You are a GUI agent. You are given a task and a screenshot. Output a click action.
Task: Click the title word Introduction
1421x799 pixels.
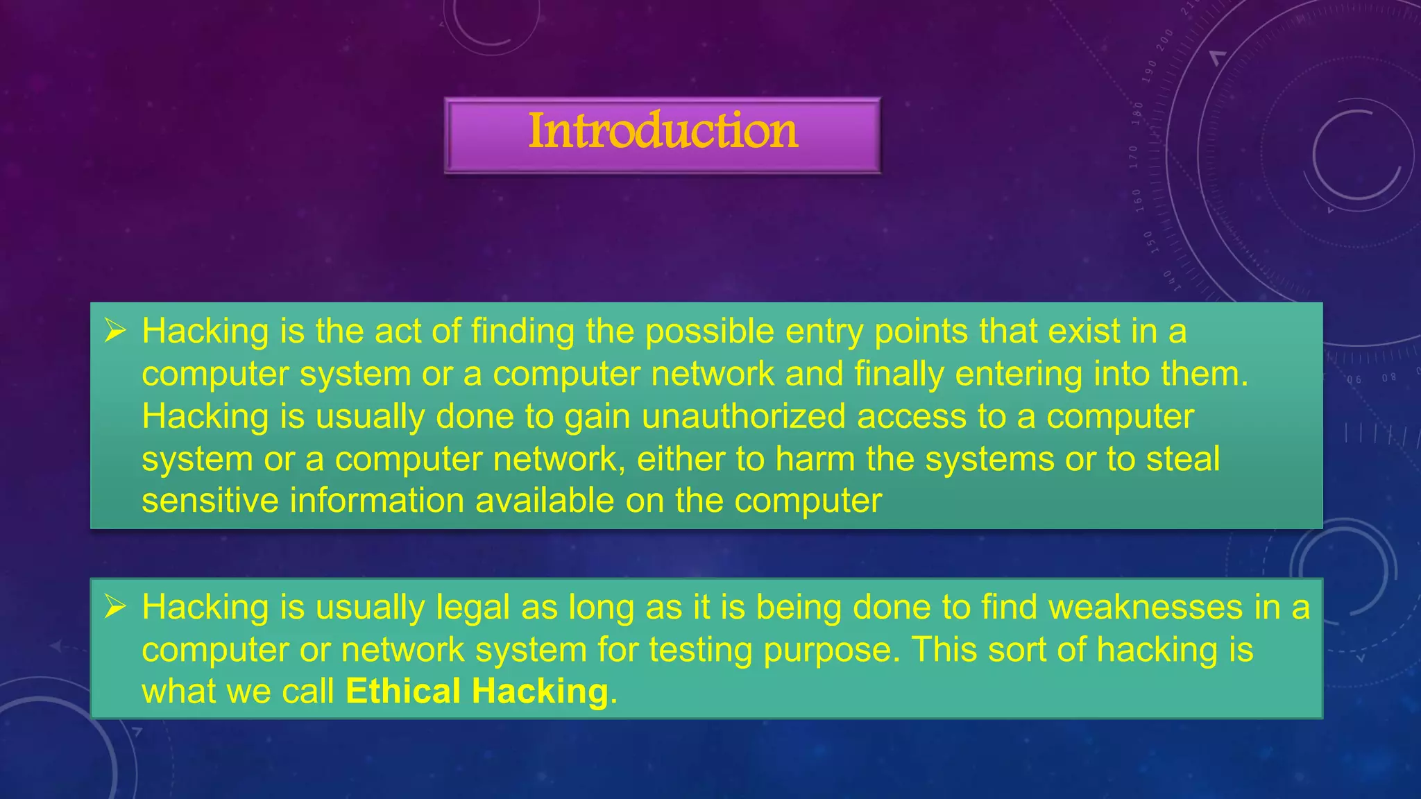click(663, 131)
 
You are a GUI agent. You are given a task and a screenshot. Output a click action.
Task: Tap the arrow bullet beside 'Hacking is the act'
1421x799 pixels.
click(114, 331)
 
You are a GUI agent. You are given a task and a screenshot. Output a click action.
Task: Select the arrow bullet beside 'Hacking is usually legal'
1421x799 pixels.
click(114, 607)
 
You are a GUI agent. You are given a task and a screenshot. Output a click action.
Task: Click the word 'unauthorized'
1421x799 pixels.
click(743, 417)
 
